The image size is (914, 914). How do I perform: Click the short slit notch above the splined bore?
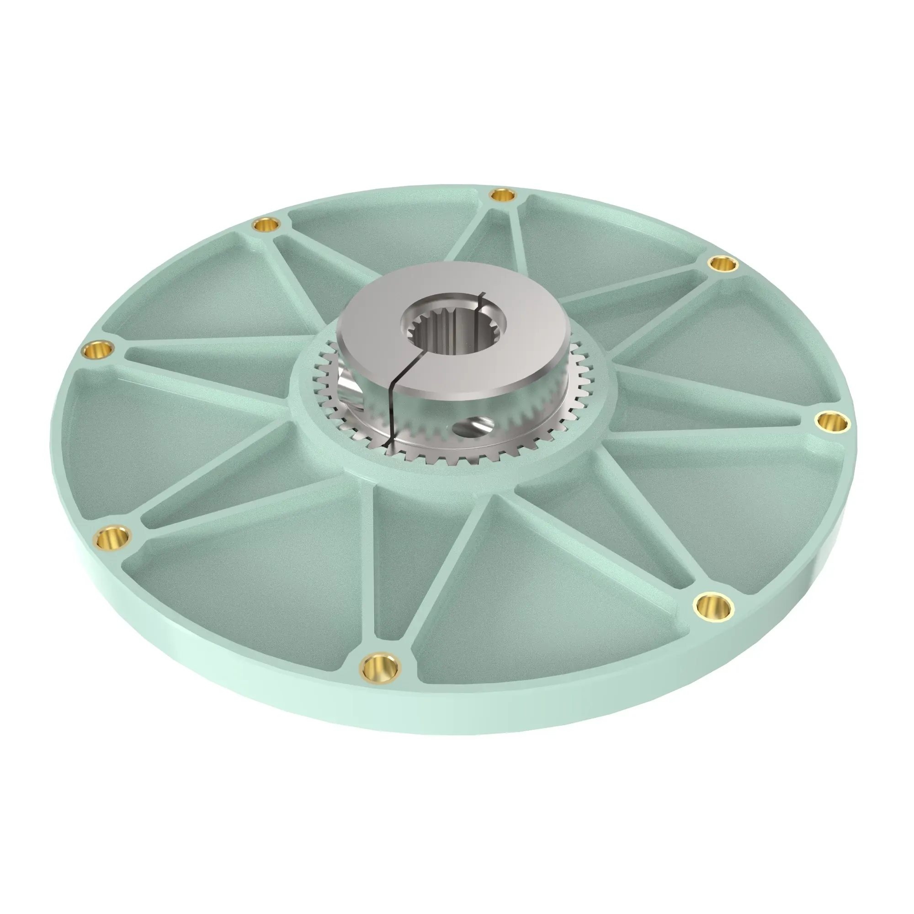[481, 297]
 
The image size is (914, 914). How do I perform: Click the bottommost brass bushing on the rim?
[379, 668]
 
